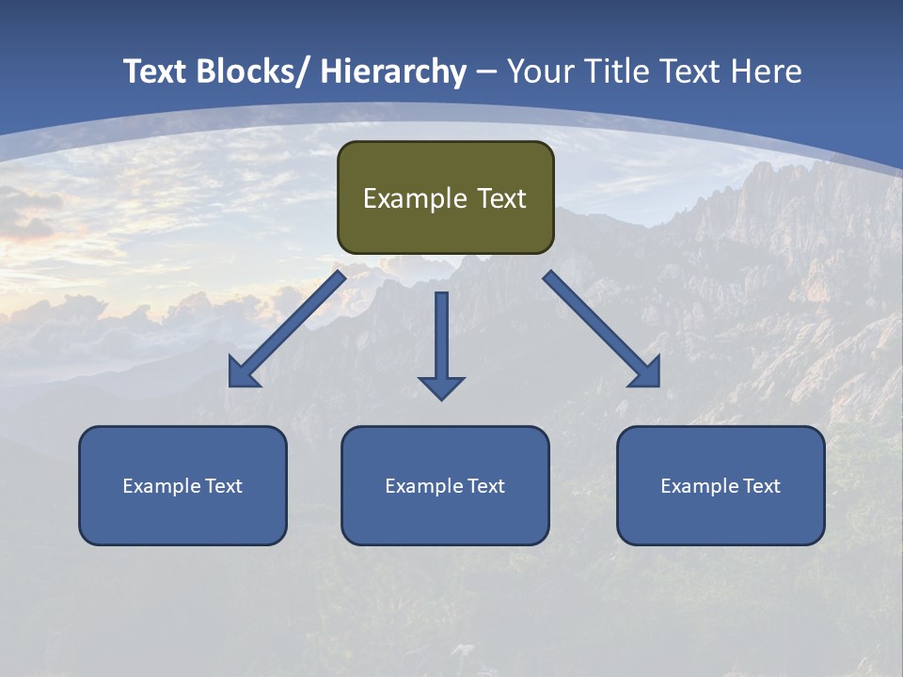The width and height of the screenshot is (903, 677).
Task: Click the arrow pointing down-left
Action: [x=288, y=329]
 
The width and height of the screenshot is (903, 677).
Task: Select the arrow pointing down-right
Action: [x=601, y=328]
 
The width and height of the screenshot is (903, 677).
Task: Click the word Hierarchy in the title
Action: [x=393, y=71]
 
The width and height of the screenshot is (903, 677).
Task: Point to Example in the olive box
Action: [x=415, y=198]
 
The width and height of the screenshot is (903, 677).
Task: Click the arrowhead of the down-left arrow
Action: [x=244, y=372]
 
